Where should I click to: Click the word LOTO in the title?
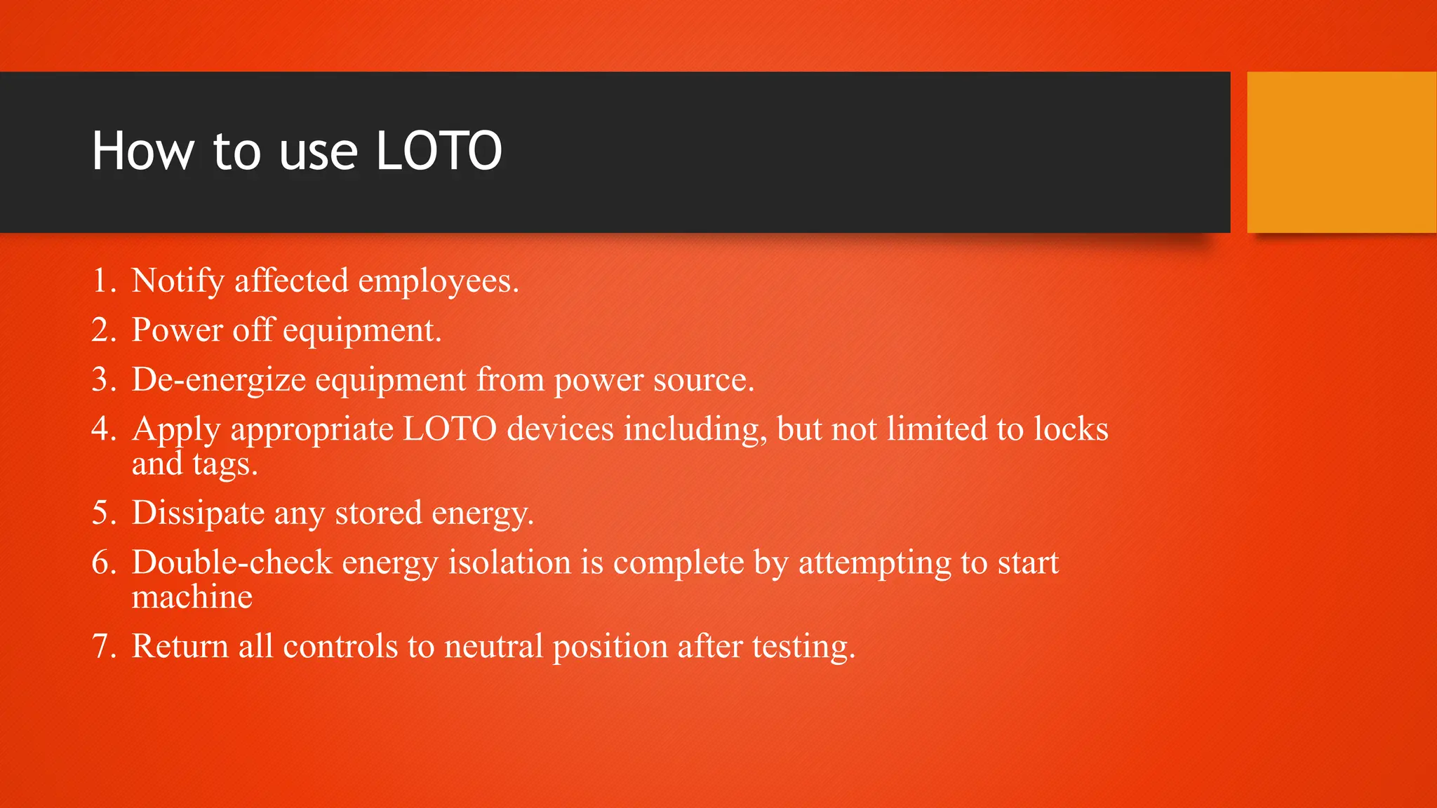439,151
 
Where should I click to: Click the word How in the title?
142,151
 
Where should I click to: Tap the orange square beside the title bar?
1341,152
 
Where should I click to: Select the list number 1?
102,281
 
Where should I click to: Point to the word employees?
438,281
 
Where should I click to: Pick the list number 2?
102,330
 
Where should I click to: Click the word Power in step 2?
177,330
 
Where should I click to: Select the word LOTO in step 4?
449,429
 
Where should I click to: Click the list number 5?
102,513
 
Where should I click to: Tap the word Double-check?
232,563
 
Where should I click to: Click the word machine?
192,598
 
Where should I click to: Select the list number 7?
102,647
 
